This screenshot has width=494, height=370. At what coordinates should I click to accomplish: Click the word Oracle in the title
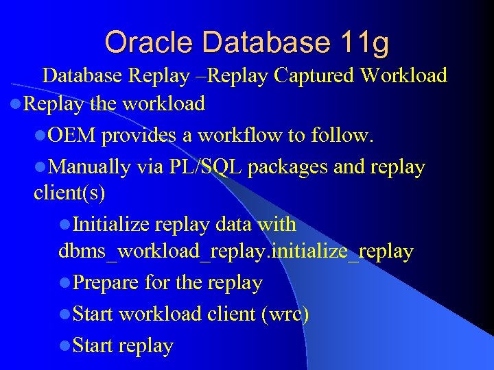click(141, 42)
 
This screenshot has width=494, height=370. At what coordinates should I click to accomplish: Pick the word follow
click(342, 136)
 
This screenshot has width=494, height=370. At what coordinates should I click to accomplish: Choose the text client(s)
click(69, 194)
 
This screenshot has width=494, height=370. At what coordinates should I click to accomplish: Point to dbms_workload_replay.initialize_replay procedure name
click(236, 251)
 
